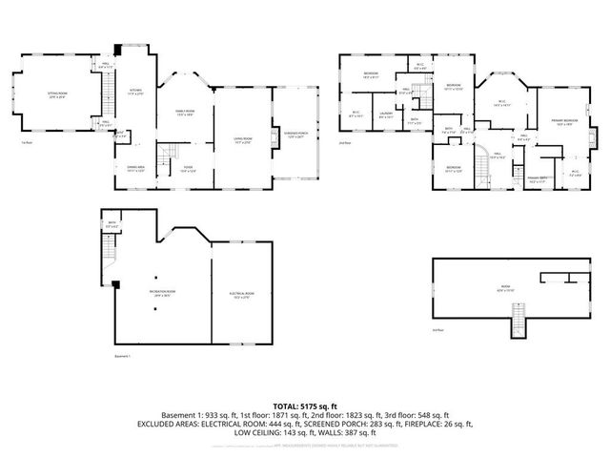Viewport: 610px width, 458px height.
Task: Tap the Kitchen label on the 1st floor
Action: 135,93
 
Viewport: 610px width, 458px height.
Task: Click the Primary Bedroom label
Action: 564,121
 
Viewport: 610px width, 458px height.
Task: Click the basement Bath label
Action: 112,225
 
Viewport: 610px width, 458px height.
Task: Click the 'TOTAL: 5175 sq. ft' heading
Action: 304,406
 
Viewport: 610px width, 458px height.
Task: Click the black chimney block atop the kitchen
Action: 117,49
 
